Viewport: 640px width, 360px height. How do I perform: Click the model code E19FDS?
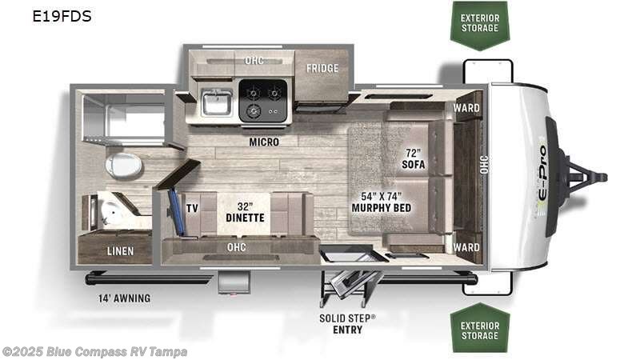pyautogui.click(x=62, y=16)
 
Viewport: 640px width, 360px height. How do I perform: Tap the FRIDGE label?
pyautogui.click(x=322, y=68)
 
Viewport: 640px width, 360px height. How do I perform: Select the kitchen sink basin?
pyautogui.click(x=217, y=102)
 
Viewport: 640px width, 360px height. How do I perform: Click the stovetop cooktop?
pyautogui.click(x=265, y=101)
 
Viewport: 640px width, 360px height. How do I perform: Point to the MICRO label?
pyautogui.click(x=263, y=142)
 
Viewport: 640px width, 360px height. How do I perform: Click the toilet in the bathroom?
pyautogui.click(x=123, y=165)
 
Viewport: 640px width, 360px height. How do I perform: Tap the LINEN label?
pyautogui.click(x=121, y=250)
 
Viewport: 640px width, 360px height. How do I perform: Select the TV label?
pyautogui.click(x=192, y=206)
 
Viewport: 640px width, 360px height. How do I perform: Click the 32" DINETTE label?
pyautogui.click(x=249, y=210)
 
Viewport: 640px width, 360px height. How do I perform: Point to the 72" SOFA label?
pyautogui.click(x=414, y=158)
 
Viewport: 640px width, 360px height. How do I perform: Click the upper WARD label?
pyautogui.click(x=466, y=108)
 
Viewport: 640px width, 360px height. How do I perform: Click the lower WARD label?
pyautogui.click(x=466, y=247)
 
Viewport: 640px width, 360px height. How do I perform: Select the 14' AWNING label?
pyautogui.click(x=119, y=298)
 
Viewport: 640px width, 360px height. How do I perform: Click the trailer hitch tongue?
pyautogui.click(x=588, y=175)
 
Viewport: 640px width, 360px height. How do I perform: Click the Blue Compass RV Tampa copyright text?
pyautogui.click(x=95, y=351)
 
